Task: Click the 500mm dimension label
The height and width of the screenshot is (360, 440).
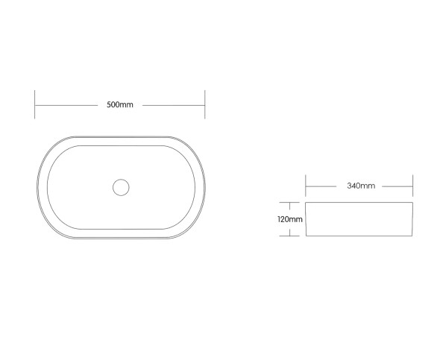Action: tap(120, 105)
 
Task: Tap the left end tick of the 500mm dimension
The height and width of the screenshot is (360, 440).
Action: tap(35, 105)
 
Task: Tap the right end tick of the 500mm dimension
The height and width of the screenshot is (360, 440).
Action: tap(205, 105)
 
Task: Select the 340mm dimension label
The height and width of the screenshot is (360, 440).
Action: tap(361, 186)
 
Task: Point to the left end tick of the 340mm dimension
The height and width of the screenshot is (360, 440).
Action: tap(305, 186)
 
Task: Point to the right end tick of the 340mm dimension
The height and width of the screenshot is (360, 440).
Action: tap(413, 186)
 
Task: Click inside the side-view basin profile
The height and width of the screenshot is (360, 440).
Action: tap(359, 220)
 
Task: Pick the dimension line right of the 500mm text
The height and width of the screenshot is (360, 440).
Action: tap(173, 105)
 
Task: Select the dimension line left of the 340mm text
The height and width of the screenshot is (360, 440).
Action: tap(325, 186)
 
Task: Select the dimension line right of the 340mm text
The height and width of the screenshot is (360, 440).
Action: tap(395, 186)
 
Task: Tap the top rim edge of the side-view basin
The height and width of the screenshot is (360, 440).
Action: tap(359, 203)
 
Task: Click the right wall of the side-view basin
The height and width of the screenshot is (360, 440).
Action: tap(412, 220)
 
